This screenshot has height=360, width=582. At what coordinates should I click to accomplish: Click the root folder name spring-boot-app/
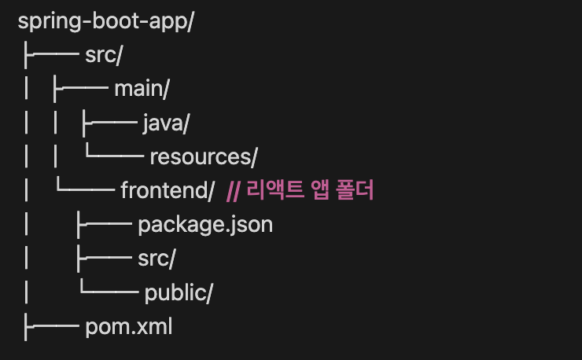[105, 21]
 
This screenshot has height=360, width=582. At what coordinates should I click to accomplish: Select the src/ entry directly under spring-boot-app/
[105, 56]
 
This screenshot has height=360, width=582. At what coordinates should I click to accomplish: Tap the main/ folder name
[142, 90]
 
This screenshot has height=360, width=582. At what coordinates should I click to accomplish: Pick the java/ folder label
[166, 123]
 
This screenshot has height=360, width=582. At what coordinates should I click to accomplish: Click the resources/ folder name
[204, 157]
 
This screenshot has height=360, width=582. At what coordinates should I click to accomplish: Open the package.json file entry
[205, 225]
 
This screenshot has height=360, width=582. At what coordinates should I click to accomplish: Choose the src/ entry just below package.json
[156, 259]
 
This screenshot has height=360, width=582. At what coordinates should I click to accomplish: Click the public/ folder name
[179, 292]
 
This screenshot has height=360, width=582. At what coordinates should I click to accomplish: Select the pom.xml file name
[128, 326]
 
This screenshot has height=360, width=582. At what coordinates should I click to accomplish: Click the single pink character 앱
[314, 191]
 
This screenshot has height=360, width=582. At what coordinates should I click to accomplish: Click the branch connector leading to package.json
[103, 225]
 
